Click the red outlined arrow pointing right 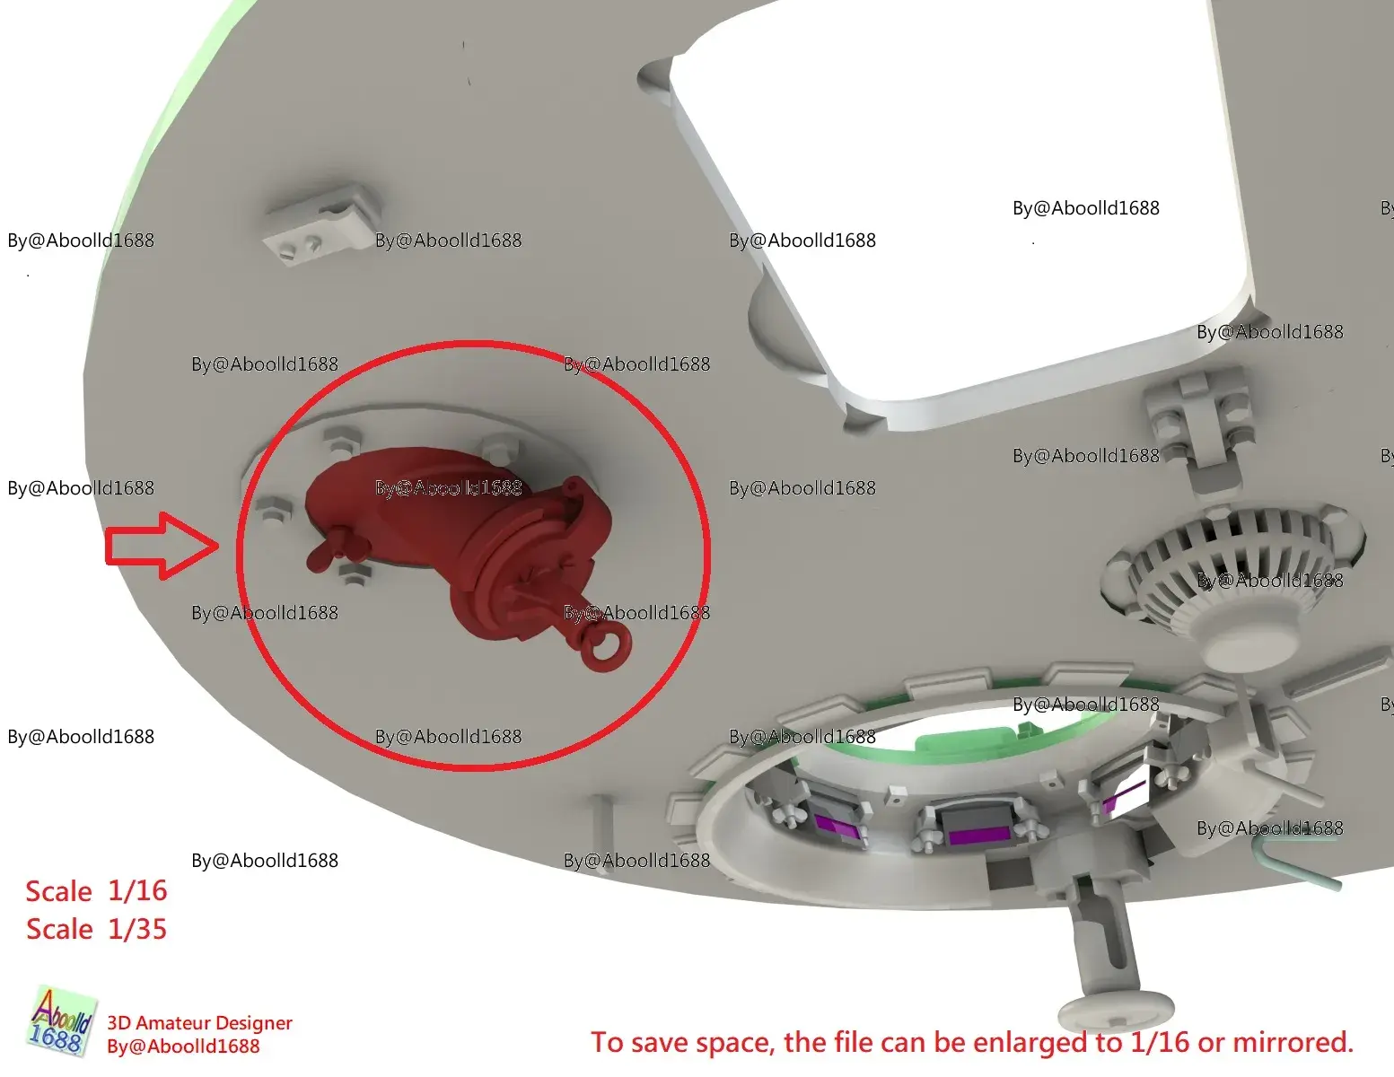162,546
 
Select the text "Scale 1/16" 96,891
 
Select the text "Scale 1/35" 96,929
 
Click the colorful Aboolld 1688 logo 62,1021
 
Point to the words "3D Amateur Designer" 199,1022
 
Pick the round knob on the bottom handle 1116,1011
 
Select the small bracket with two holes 320,224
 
